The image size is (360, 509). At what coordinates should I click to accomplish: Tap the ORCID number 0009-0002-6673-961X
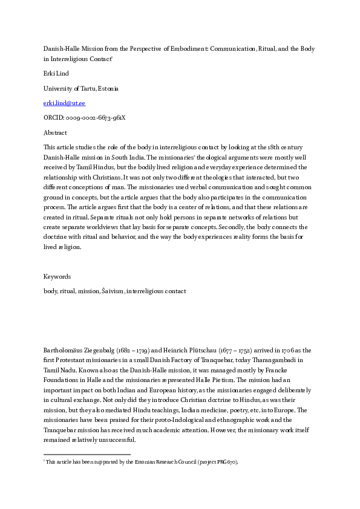pos(84,118)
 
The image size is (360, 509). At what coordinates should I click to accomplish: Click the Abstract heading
pos(55,132)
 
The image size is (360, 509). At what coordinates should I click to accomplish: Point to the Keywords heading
pos(57,276)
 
